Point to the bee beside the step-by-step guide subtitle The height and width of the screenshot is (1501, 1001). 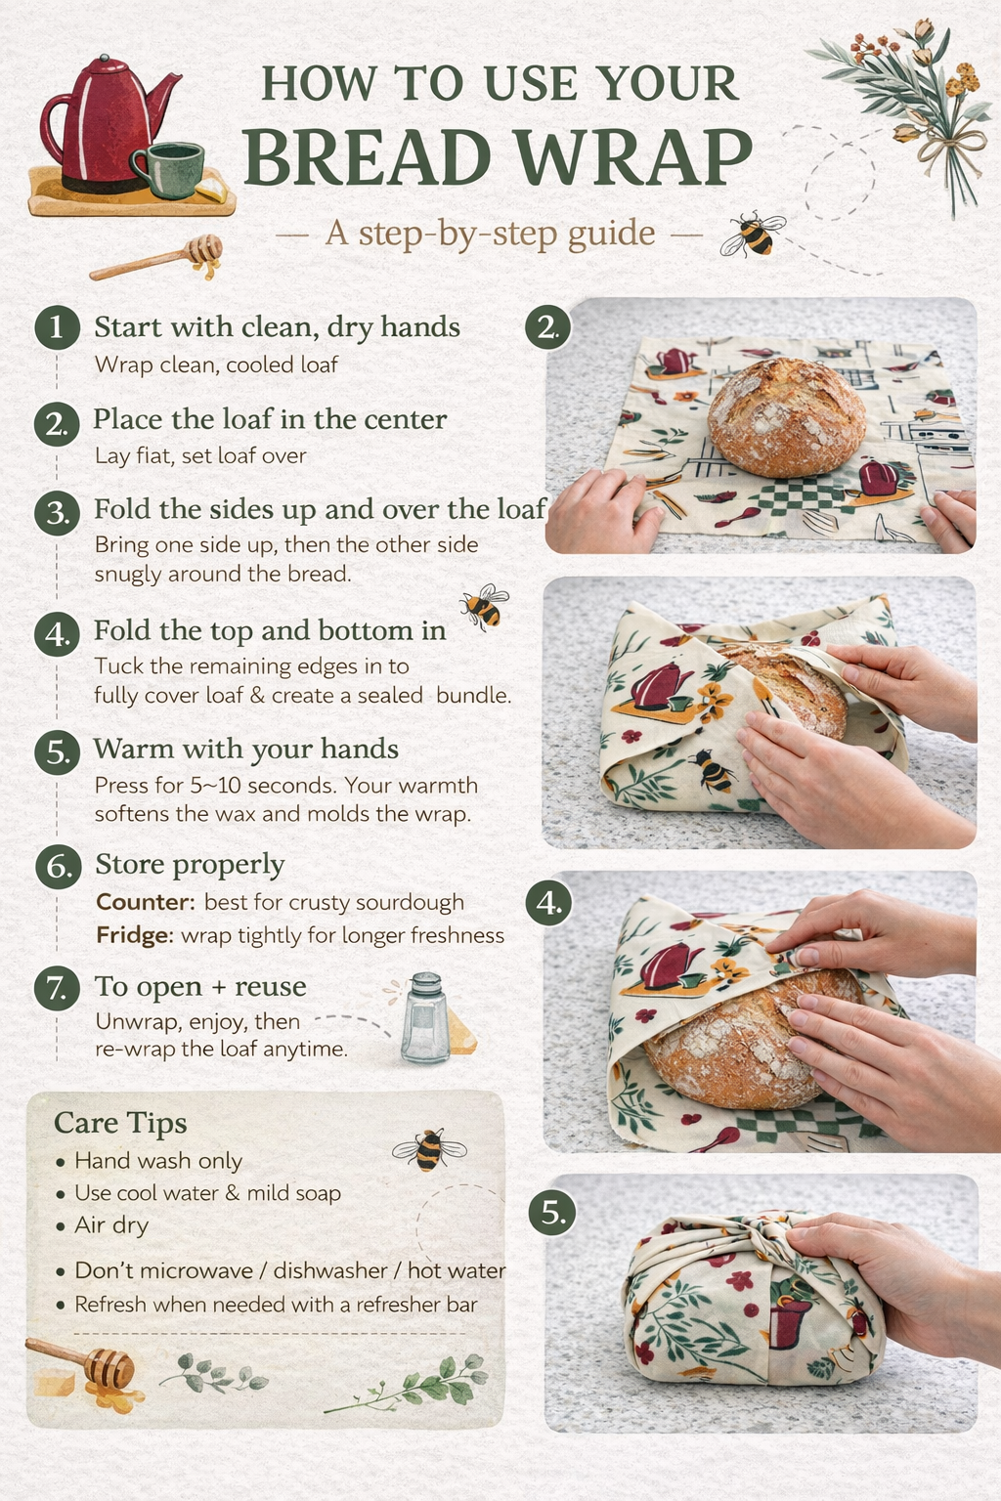click(752, 235)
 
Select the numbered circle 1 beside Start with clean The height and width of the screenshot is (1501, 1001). click(57, 326)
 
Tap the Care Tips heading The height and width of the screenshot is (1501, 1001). click(120, 1123)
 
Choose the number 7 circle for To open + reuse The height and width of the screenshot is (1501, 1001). click(57, 987)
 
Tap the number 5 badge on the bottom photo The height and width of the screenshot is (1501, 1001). click(553, 1214)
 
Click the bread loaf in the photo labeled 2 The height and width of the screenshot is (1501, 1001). click(786, 415)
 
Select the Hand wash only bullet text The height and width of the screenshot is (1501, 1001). click(158, 1161)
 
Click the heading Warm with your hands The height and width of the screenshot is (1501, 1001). click(246, 749)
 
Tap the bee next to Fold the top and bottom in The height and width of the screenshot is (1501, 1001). click(484, 606)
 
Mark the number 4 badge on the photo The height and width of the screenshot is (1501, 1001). click(548, 903)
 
